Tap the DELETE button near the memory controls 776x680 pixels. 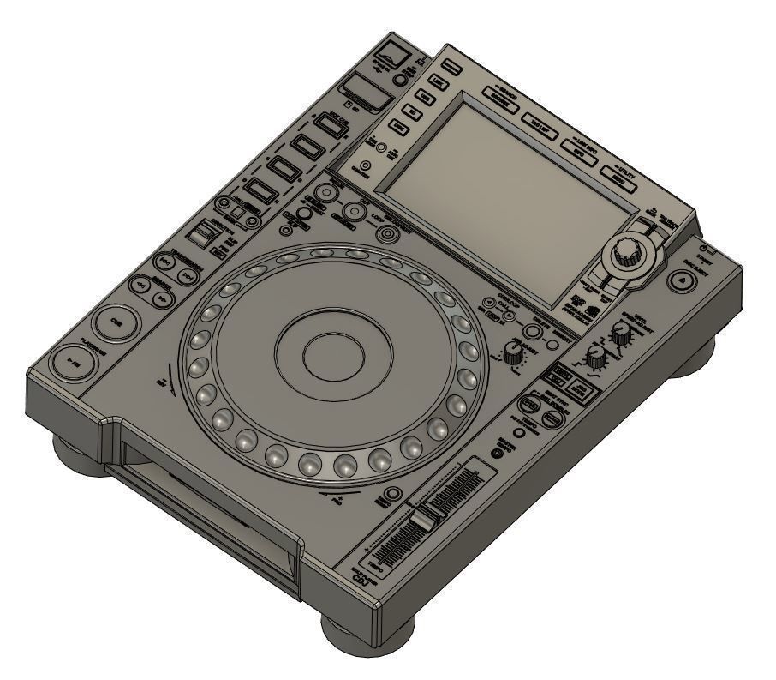click(533, 332)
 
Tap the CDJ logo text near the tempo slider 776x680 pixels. click(363, 578)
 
